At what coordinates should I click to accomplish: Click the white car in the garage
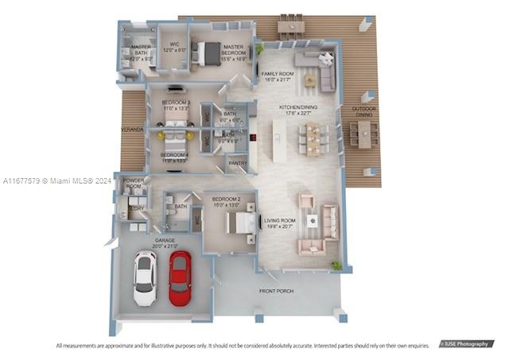click(x=146, y=278)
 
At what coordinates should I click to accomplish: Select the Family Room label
click(x=278, y=76)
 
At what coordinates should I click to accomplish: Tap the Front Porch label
click(x=276, y=292)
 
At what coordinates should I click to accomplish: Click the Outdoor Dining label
click(x=364, y=111)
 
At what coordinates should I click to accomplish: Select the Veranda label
click(x=132, y=129)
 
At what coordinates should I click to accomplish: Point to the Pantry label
click(x=237, y=164)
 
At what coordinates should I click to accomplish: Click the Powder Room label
click(x=132, y=184)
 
